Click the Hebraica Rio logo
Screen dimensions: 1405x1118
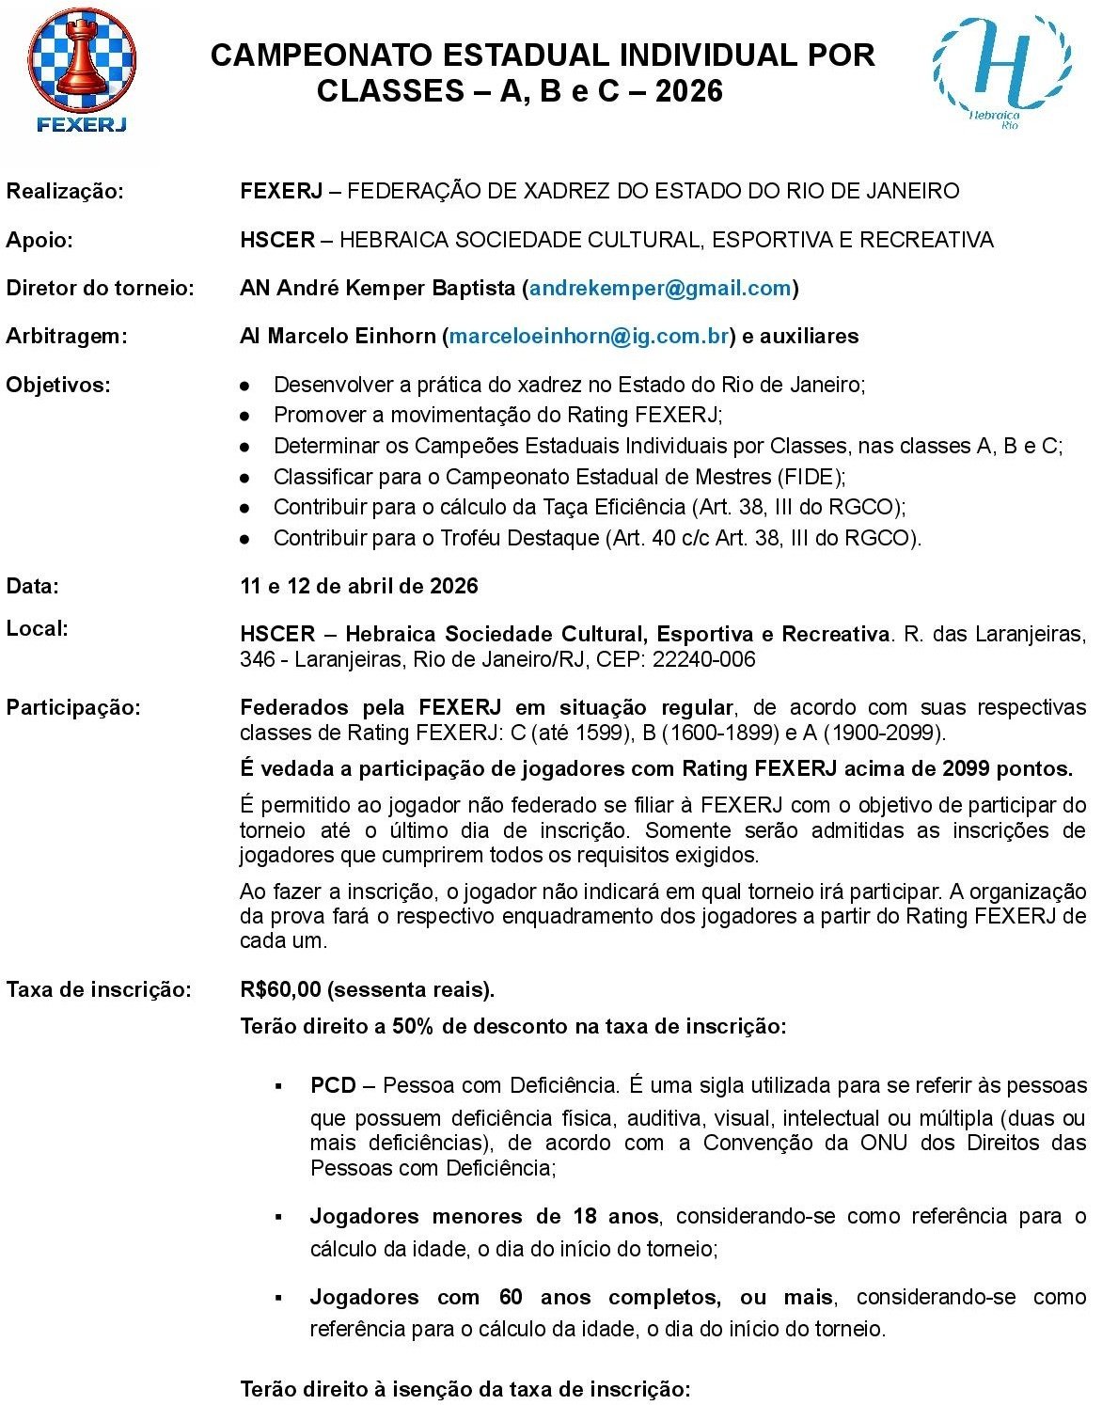[1001, 71]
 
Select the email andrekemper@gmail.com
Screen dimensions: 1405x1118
[660, 288]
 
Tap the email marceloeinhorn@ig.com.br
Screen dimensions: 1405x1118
[589, 336]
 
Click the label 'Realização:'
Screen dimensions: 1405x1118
[65, 192]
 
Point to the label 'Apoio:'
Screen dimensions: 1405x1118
[39, 240]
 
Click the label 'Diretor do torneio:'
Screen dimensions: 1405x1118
[100, 288]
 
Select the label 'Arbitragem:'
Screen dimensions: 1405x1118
[67, 336]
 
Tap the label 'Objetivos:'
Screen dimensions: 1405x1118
[58, 385]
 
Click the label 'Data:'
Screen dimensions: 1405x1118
[33, 586]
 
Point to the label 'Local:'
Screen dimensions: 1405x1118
[38, 628]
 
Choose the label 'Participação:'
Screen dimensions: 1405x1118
[73, 707]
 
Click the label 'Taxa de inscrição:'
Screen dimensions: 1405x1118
[99, 989]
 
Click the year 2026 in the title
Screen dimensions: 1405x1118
[689, 91]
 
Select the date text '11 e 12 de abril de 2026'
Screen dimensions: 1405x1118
[359, 586]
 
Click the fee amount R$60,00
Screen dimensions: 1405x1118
[280, 989]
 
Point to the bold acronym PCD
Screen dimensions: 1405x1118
[333, 1085]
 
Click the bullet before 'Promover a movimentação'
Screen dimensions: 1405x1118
[244, 416]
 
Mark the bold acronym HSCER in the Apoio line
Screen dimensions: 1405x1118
[277, 240]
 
